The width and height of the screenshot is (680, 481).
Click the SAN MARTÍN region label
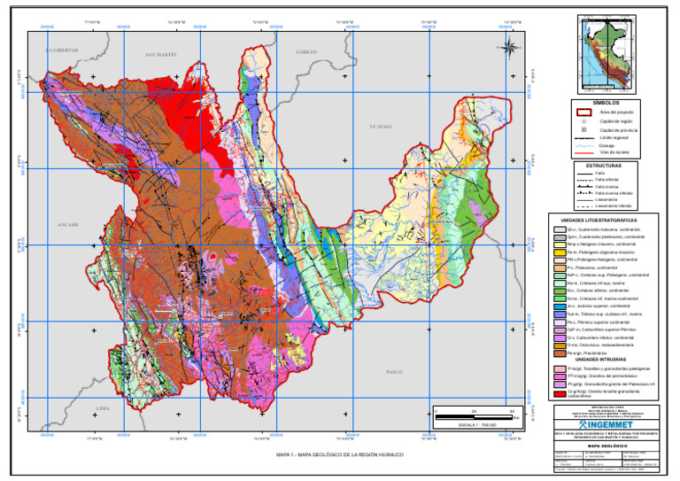(x=161, y=55)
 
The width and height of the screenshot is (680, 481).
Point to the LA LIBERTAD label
(x=62, y=50)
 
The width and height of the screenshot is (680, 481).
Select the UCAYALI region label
(x=380, y=127)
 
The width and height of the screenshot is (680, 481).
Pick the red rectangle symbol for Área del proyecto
(x=559, y=112)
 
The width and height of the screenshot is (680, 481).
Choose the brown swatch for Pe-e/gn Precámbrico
(x=558, y=353)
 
